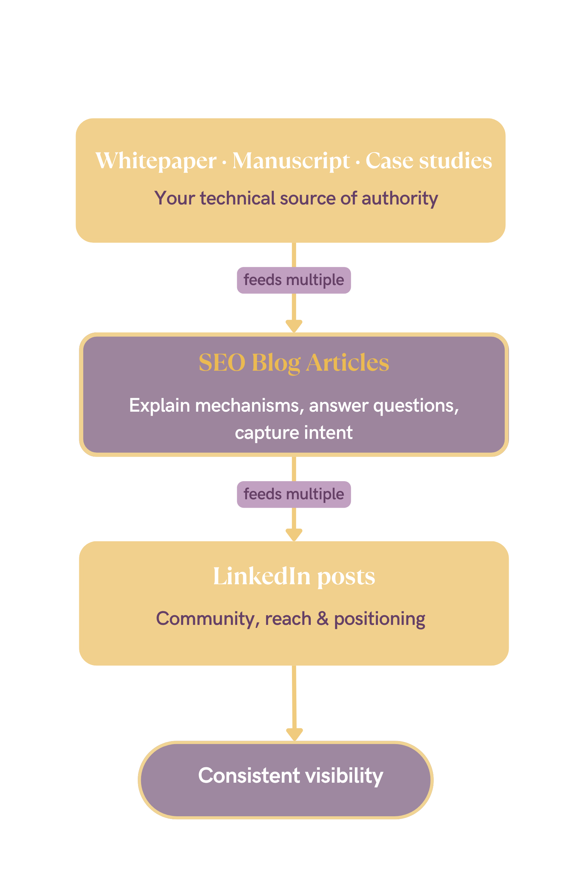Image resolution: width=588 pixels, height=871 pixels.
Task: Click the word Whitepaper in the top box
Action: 156,161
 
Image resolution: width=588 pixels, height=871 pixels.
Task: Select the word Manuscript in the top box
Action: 291,161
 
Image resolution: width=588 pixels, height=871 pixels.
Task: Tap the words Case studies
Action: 429,161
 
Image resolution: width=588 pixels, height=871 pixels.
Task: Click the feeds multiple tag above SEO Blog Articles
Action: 294,280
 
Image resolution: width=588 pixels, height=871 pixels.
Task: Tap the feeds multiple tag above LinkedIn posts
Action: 294,494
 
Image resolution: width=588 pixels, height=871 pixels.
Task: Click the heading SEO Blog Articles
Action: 294,363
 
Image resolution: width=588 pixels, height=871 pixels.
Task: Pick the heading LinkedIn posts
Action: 294,576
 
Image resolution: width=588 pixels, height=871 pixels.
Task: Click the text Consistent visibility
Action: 291,775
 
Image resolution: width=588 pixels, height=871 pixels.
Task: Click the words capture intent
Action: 294,432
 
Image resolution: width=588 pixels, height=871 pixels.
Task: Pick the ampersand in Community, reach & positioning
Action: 323,618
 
